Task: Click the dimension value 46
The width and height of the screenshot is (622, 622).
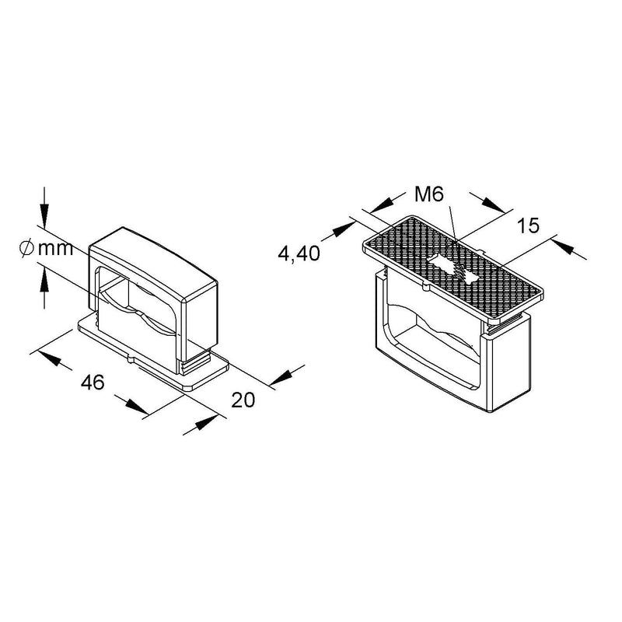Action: coord(93,383)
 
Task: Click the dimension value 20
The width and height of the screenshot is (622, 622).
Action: coord(243,400)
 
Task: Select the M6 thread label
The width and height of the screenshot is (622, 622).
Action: coord(429,194)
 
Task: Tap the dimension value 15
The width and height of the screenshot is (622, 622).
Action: coord(529,225)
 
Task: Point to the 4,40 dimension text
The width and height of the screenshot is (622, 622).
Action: coord(299,253)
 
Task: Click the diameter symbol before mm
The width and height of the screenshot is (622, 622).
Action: coord(26,249)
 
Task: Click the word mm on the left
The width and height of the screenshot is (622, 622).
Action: coord(55,250)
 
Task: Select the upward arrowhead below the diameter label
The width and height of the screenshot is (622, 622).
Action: coord(44,280)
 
